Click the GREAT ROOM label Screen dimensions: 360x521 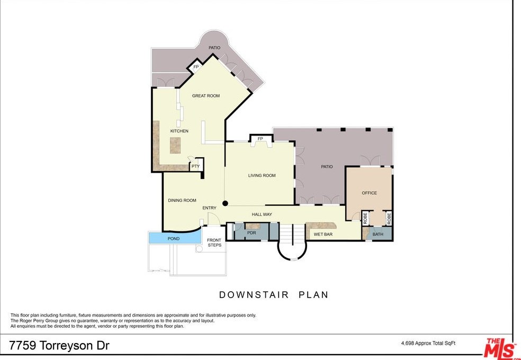click(205, 96)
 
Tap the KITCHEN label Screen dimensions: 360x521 click(179, 131)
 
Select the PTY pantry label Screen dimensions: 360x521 click(195, 166)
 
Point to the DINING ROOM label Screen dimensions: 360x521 click(182, 200)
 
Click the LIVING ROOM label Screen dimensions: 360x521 click(262, 175)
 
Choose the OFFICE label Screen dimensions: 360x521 click(369, 193)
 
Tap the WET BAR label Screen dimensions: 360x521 click(323, 234)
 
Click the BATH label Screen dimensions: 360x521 click(378, 234)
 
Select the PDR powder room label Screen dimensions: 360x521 click(251, 232)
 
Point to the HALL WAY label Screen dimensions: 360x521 click(262, 214)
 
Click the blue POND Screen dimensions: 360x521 click(174, 239)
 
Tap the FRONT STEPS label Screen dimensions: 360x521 click(214, 242)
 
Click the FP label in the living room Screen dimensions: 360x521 click(260, 139)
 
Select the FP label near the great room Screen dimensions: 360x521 click(195, 67)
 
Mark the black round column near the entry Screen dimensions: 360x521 click(225, 203)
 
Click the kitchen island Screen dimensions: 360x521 click(175, 145)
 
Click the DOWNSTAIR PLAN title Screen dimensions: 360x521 click(274, 295)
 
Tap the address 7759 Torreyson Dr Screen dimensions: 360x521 click(59, 346)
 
